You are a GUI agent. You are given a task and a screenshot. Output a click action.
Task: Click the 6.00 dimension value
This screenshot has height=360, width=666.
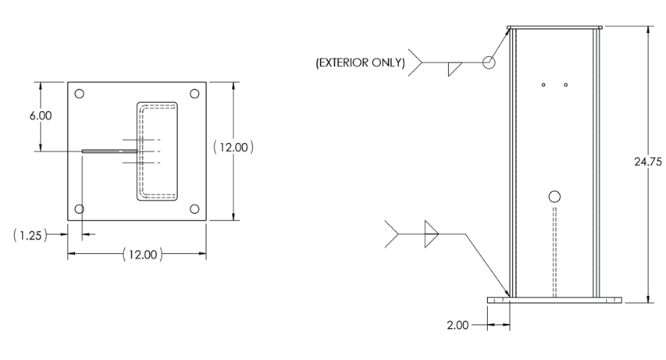pyautogui.click(x=41, y=116)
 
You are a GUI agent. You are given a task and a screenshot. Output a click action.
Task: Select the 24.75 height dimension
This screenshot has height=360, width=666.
pyautogui.click(x=648, y=162)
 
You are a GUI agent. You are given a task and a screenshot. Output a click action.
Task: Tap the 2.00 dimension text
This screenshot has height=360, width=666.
pyautogui.click(x=458, y=325)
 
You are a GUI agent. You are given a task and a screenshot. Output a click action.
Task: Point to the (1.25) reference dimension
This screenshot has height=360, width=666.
pyautogui.click(x=30, y=235)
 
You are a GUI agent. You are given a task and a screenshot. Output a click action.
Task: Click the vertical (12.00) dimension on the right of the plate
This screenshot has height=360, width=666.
pyautogui.click(x=233, y=148)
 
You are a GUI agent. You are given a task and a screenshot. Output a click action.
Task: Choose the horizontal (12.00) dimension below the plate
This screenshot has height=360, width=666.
pyautogui.click(x=143, y=255)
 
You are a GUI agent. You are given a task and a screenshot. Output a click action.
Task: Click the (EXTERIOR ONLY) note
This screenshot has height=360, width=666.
pyautogui.click(x=360, y=62)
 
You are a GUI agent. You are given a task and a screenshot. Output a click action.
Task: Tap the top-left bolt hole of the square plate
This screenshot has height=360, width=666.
pyautogui.click(x=79, y=94)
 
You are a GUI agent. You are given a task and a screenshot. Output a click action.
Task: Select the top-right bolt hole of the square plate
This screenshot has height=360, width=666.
pyautogui.click(x=194, y=94)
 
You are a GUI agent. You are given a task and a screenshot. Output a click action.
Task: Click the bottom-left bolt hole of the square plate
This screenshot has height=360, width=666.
pyautogui.click(x=79, y=209)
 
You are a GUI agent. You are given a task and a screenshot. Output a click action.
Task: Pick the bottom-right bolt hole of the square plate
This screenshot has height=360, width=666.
pyautogui.click(x=194, y=209)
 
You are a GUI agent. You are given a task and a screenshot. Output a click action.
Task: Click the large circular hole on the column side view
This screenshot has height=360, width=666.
pyautogui.click(x=554, y=197)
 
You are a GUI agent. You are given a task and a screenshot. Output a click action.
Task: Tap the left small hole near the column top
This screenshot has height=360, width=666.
pyautogui.click(x=543, y=85)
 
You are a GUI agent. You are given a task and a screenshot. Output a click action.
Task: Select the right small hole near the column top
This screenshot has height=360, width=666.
pyautogui.click(x=566, y=85)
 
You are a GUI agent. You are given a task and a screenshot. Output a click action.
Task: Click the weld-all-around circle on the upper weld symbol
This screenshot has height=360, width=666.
pyautogui.click(x=489, y=62)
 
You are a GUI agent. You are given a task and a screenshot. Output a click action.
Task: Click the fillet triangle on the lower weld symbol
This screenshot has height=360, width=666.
pyautogui.click(x=430, y=234)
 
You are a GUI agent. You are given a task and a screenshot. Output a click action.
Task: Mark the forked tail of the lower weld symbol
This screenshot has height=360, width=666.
pyautogui.click(x=392, y=234)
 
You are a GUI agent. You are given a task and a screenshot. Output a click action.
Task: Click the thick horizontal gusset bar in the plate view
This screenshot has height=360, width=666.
pyautogui.click(x=109, y=151)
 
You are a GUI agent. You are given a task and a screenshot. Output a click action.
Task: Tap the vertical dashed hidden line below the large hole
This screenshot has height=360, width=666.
pyautogui.click(x=554, y=252)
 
